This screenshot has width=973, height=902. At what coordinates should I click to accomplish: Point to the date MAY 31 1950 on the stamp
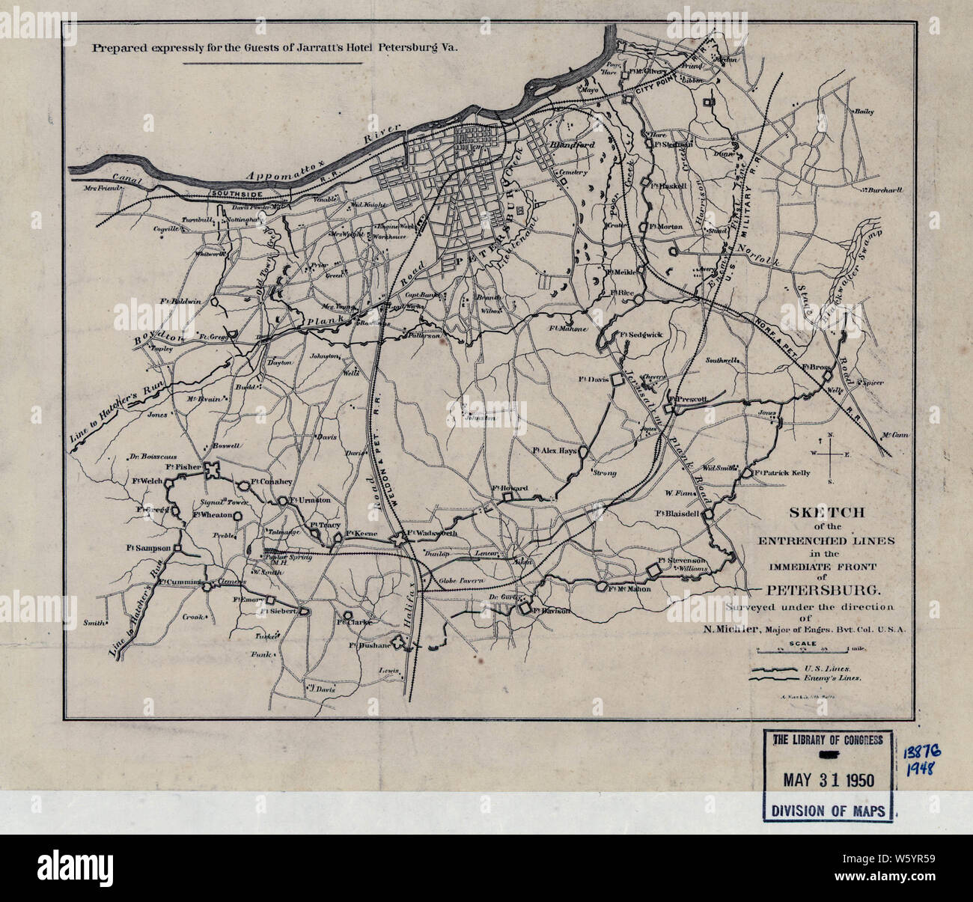(x=828, y=779)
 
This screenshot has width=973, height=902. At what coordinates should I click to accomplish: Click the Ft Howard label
(x=510, y=488)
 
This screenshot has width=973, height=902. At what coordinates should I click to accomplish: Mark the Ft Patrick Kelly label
(x=782, y=473)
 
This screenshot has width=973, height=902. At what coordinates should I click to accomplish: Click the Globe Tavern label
(x=462, y=580)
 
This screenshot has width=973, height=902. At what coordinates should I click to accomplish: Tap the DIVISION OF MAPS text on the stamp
(x=828, y=810)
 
